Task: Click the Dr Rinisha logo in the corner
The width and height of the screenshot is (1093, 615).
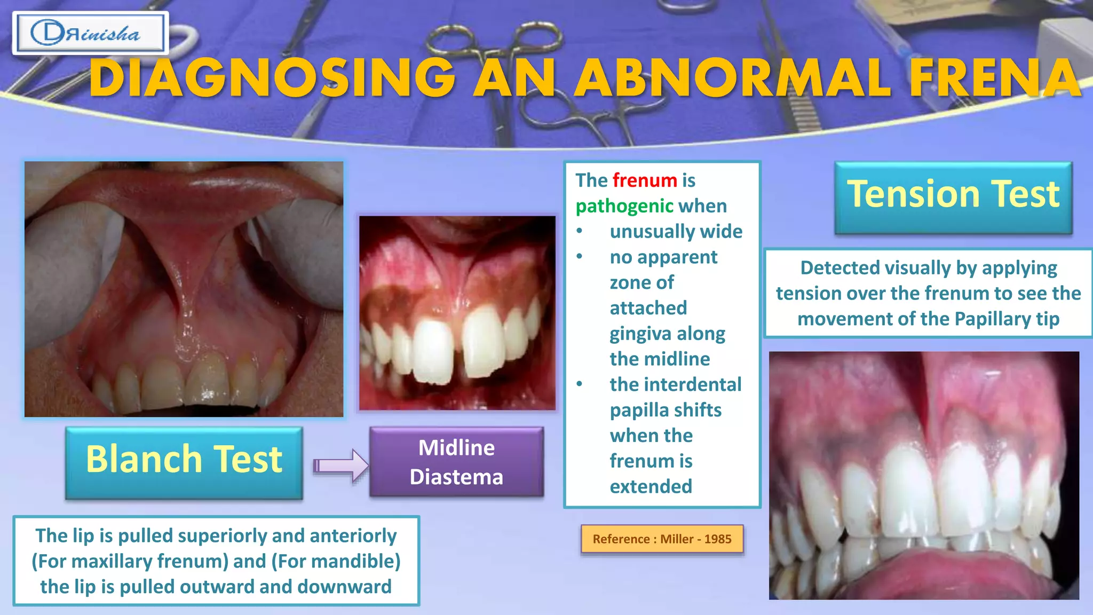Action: (x=90, y=34)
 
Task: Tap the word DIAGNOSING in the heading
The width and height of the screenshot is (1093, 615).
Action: (x=272, y=78)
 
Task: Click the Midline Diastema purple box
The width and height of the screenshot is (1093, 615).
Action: (x=456, y=462)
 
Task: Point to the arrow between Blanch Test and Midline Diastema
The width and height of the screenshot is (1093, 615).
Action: (x=341, y=466)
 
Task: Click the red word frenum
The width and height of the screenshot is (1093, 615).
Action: (x=645, y=180)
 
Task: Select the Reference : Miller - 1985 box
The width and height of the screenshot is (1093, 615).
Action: (x=662, y=539)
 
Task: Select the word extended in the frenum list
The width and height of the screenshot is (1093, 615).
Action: (x=651, y=486)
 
